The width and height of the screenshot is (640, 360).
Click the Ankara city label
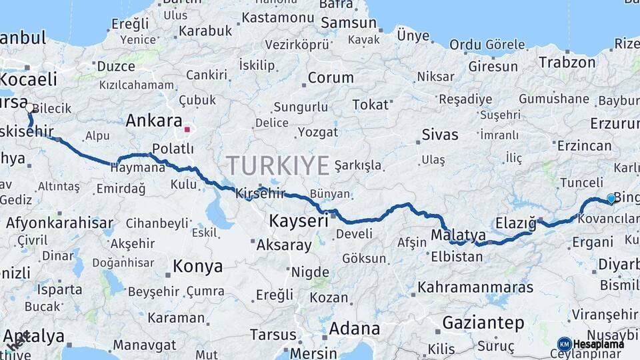coord(154,121)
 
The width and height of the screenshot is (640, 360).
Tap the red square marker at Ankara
coord(187,129)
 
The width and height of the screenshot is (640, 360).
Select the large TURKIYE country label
coord(278,165)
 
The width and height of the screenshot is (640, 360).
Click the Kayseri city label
coord(299,221)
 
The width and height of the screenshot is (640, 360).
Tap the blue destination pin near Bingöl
coord(611,198)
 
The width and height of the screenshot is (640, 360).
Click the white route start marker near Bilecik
coord(29,108)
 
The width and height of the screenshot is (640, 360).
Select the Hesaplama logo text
coord(599,344)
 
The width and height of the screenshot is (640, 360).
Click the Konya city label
coord(198,267)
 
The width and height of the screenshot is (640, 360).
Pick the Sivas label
coord(440,135)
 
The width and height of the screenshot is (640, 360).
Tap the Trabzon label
coord(567,62)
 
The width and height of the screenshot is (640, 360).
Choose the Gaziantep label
coord(483,323)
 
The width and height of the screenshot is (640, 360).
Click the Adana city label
coord(354,328)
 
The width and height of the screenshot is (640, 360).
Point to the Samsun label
coord(349,23)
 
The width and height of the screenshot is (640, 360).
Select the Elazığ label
coord(516,223)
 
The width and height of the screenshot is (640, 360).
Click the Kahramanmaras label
coord(475,287)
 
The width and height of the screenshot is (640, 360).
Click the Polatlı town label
coord(173,148)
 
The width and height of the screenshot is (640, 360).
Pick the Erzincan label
coord(584,145)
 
